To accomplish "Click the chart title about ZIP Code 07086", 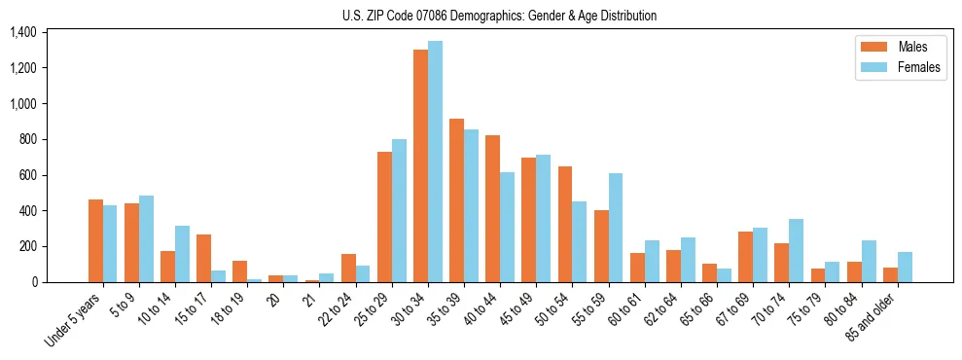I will coord(499,16).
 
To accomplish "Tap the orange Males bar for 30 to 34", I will coord(420,165).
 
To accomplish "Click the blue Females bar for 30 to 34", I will coord(435,162).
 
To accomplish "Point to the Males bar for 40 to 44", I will coord(492,208).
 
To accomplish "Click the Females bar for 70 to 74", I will coord(797,250).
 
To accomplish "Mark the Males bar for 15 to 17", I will coord(203,258).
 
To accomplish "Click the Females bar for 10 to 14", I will coord(182,254).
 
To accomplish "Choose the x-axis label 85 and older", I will coord(873,314).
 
